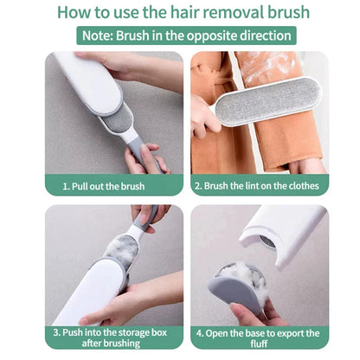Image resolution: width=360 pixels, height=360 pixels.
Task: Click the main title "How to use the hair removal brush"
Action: click(179, 13)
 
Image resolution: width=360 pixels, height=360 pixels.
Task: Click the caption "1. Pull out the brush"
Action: click(112, 185)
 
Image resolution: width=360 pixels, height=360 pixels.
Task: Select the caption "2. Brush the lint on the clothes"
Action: click(256, 185)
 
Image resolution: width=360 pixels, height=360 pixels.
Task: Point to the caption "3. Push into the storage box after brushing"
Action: click(112, 337)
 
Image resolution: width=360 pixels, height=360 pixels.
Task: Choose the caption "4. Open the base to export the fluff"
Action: click(256, 337)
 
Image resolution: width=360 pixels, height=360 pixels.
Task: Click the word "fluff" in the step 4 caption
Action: click(256, 344)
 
